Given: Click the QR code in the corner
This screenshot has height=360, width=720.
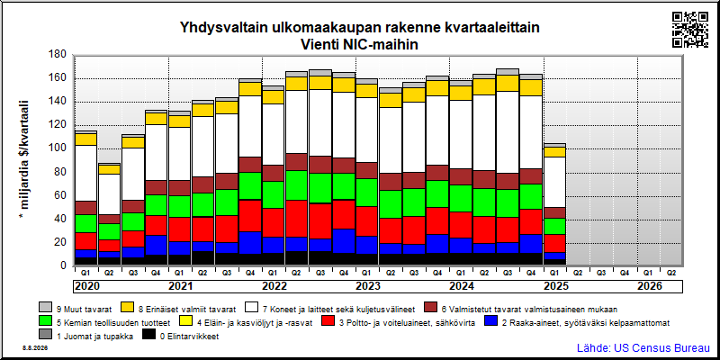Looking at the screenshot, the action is click(x=690, y=30).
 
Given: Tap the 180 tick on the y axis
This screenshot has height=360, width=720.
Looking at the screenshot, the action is click(x=58, y=55).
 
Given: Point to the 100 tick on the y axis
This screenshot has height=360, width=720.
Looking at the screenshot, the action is click(x=58, y=148).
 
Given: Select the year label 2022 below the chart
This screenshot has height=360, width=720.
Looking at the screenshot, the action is click(x=274, y=286).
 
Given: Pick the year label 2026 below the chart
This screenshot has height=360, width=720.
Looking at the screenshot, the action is click(x=650, y=286).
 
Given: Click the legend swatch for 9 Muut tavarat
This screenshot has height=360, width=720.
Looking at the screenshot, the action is click(x=45, y=308).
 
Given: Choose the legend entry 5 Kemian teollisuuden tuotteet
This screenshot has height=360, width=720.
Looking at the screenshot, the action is click(x=105, y=322).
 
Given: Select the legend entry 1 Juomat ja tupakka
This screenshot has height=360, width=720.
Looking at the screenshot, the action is click(x=86, y=336).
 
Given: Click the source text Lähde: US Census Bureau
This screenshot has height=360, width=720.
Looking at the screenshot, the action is click(x=643, y=347).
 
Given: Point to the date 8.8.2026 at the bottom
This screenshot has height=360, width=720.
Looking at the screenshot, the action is click(x=35, y=348).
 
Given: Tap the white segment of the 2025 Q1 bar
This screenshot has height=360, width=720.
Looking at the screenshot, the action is click(x=555, y=183).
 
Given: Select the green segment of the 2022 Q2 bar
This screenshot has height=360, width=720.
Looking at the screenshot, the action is click(x=297, y=185).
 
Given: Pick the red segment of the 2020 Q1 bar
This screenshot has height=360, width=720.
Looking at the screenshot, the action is click(x=85, y=241).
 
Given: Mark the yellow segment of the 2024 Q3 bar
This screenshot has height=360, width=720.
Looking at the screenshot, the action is click(x=508, y=83).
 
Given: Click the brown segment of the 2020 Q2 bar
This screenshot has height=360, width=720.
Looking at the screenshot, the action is click(x=109, y=219).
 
